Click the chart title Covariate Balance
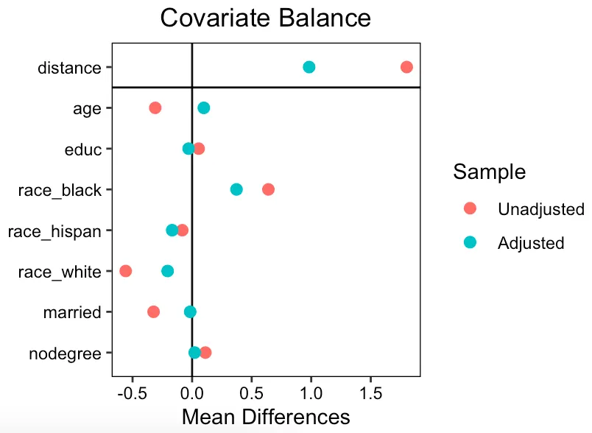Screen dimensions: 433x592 click(x=266, y=18)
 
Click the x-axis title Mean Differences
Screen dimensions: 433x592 click(x=266, y=417)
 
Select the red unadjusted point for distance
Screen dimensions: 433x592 click(x=406, y=67)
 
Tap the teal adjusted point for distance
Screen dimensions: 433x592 click(x=309, y=67)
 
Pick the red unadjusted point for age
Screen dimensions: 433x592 click(x=155, y=108)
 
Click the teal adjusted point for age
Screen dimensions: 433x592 click(x=204, y=108)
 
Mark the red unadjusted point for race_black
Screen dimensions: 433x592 click(x=268, y=189)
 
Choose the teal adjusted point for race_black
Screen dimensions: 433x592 click(x=236, y=189)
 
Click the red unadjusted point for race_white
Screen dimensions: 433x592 click(x=126, y=271)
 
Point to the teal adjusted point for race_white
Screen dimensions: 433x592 click(x=168, y=271)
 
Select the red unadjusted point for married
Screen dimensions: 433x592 click(x=153, y=311)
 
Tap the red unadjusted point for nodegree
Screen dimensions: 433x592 click(x=205, y=353)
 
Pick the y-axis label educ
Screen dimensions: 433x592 click(x=82, y=149)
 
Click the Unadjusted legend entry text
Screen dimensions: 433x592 click(x=541, y=209)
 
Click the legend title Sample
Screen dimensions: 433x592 click(x=489, y=172)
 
